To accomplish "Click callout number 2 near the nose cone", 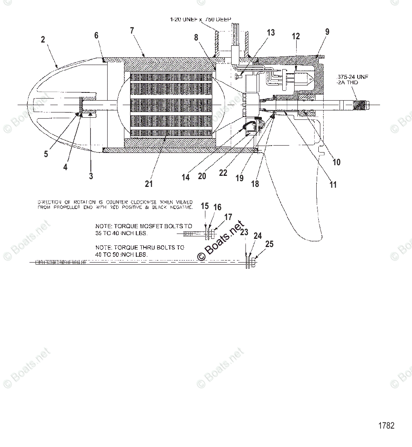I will (43, 40).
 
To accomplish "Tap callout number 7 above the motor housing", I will (132, 31).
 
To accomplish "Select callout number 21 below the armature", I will (149, 184).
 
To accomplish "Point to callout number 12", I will (296, 36).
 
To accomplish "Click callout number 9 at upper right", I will (327, 32).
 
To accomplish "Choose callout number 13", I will (271, 33).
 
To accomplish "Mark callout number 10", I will (336, 162).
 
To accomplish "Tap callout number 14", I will (186, 177).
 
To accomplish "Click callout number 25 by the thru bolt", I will (269, 244).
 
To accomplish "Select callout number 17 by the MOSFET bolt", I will (228, 217).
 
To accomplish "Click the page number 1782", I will (386, 426).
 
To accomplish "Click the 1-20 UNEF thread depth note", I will (200, 19).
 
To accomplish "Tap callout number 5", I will (46, 154).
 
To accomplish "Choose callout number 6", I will (96, 36).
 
